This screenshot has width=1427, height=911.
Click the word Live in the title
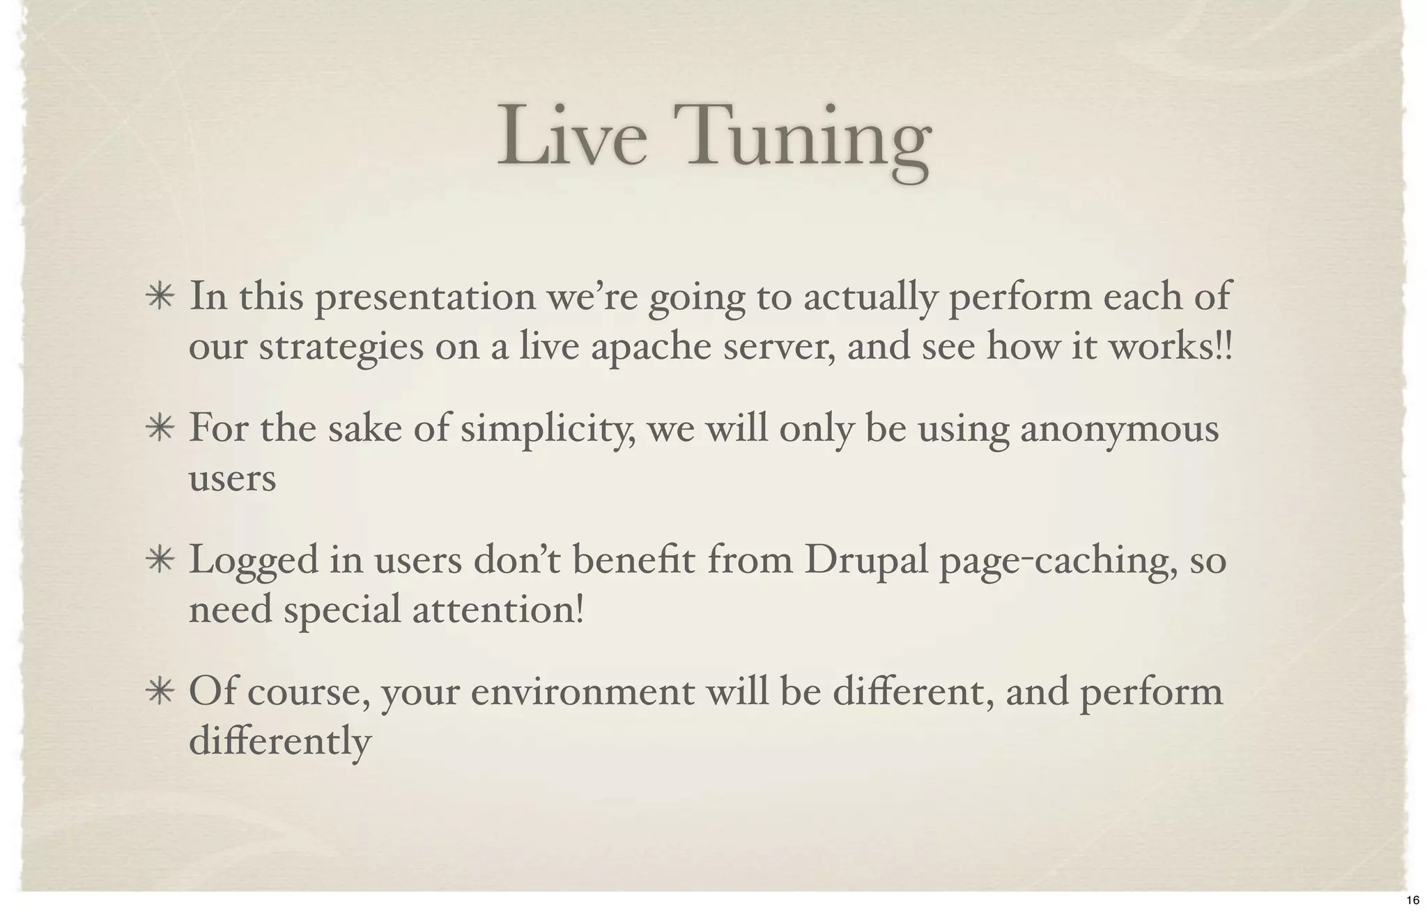pos(571,136)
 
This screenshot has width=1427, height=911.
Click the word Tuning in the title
pos(808,139)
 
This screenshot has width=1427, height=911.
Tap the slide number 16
pos(1412,901)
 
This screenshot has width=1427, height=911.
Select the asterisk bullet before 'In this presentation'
pos(160,297)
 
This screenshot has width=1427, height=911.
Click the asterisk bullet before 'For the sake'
pos(160,429)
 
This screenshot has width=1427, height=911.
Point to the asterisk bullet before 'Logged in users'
pos(160,561)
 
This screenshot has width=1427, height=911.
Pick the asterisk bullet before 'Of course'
pos(160,693)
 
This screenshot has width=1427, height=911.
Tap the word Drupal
pos(866,561)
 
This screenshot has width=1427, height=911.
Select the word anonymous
pos(1120,429)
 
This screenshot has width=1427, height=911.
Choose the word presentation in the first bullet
pos(425,297)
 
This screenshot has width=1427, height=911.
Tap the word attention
pos(497,611)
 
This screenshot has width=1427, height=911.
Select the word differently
pos(280,742)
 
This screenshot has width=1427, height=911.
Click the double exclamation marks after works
pos(1224,347)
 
